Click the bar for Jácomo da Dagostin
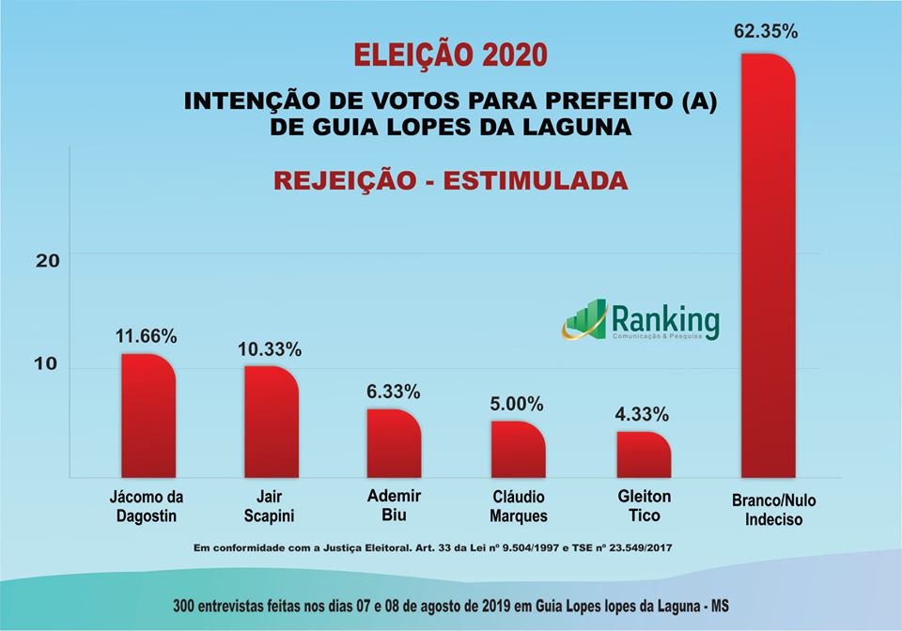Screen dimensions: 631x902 click(148, 416)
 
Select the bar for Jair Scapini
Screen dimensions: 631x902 click(271, 422)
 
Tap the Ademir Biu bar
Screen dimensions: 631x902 click(394, 443)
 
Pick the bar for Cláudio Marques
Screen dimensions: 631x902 click(518, 449)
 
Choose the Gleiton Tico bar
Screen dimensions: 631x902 click(645, 454)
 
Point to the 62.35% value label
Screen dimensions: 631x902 click(766, 31)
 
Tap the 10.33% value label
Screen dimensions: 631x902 click(270, 349)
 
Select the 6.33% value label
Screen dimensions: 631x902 click(393, 392)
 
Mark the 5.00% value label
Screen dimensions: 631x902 click(517, 404)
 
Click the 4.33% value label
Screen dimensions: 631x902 click(643, 414)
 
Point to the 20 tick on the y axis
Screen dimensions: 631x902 click(48, 260)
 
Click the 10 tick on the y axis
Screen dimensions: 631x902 click(48, 365)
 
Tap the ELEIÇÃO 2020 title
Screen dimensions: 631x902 click(449, 54)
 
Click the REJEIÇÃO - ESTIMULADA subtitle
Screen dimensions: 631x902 click(450, 179)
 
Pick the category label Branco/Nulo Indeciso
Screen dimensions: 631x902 click(768, 510)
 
